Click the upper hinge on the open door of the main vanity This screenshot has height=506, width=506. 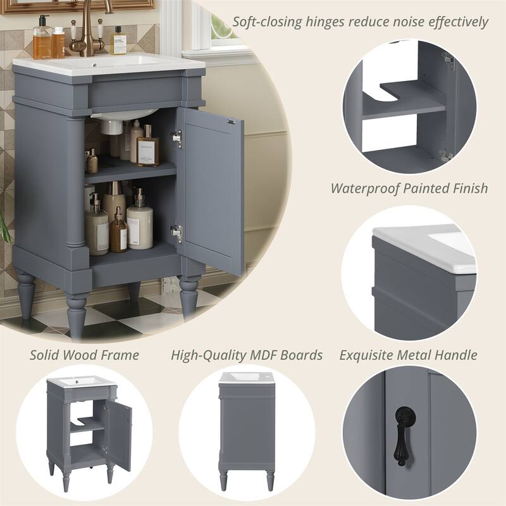pyautogui.click(x=176, y=139)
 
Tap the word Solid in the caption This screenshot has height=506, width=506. pyautogui.click(x=47, y=355)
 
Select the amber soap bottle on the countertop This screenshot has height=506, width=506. pyautogui.click(x=42, y=40)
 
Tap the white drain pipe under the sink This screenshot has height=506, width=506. pyautogui.click(x=112, y=126)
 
